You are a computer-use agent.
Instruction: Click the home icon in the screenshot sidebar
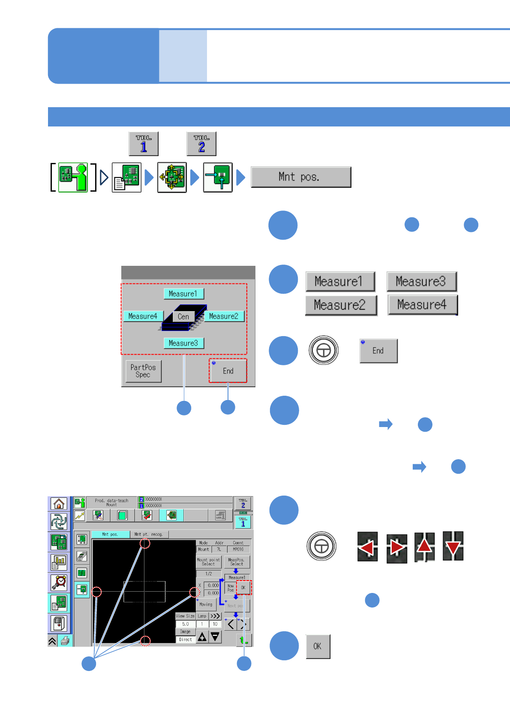tap(59, 503)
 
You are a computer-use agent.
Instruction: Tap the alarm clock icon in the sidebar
tap(59, 582)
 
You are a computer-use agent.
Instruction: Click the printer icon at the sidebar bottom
tap(65, 641)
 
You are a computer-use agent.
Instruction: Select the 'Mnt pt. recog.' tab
tap(149, 534)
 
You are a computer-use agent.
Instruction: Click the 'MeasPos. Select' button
tap(236, 562)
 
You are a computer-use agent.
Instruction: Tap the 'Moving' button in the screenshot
tap(206, 605)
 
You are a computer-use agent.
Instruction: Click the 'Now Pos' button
tap(231, 588)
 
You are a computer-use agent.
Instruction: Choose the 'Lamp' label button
tap(202, 616)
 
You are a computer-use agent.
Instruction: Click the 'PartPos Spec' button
tap(143, 371)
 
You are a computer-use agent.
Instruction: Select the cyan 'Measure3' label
tap(183, 343)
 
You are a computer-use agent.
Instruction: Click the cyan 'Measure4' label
tap(143, 316)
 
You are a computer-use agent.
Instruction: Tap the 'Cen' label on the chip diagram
tap(183, 316)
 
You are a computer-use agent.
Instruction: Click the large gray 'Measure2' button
tap(340, 305)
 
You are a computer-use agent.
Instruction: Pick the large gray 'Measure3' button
tap(421, 282)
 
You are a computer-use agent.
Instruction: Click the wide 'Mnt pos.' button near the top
tap(300, 177)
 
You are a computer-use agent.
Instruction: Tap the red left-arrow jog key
tap(367, 547)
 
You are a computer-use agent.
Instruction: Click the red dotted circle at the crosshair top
tap(145, 544)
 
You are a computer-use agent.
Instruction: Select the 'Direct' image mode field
tap(186, 639)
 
